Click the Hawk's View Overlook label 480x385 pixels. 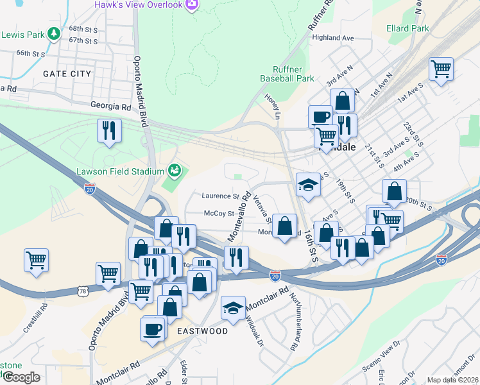[138, 5]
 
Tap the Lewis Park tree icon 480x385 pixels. [56, 34]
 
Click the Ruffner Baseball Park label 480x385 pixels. [287, 74]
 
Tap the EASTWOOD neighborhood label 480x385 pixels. [203, 331]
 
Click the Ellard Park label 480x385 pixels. [407, 28]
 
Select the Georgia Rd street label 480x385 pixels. [110, 106]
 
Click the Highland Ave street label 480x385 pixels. [333, 38]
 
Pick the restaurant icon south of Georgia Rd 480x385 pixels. [108, 132]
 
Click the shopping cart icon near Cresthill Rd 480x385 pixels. [36, 261]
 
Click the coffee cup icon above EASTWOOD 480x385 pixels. [153, 329]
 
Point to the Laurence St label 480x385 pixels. [220, 196]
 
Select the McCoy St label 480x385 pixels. [219, 213]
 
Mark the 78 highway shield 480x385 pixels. [83, 291]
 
